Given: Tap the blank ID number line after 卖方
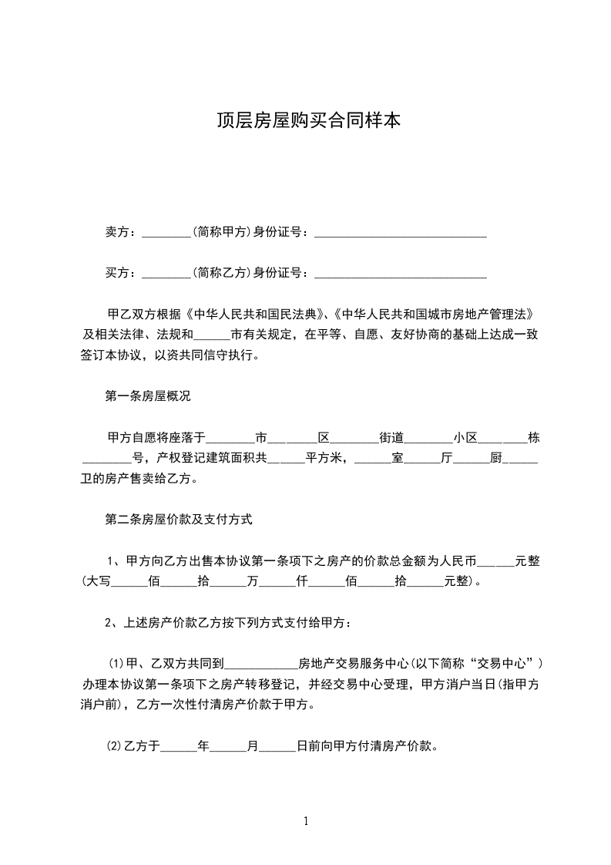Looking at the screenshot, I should [x=401, y=233].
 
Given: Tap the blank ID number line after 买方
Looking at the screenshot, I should [x=401, y=274].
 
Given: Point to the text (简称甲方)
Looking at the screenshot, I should [x=220, y=231].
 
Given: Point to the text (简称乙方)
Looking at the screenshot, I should [x=220, y=272].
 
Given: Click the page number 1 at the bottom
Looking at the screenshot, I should [x=307, y=821].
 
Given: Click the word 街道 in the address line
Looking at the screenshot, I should [x=391, y=438].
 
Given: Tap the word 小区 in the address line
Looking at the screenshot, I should [x=465, y=438].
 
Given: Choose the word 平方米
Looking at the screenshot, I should [x=324, y=459].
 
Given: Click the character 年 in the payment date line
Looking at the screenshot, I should [x=203, y=746].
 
